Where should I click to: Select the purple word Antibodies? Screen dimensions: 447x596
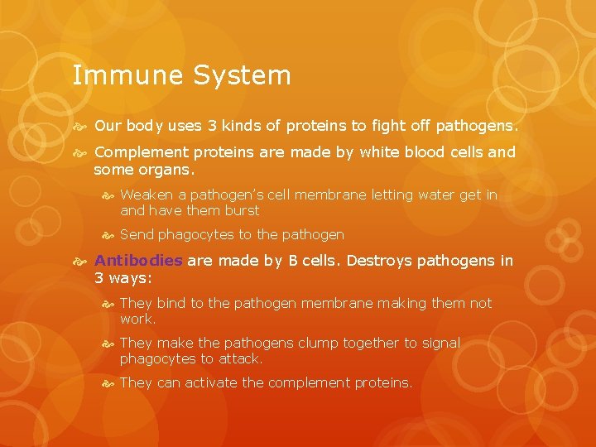138,261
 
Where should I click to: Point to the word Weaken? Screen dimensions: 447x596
146,195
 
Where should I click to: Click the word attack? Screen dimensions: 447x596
241,358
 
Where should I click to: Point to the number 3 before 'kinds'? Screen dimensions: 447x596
212,127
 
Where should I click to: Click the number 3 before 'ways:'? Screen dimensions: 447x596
99,277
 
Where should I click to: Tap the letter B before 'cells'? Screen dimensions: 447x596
292,261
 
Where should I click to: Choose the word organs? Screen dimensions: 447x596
169,170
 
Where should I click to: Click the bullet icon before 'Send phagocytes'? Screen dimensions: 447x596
108,235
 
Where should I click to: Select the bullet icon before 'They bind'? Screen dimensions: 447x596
108,304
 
